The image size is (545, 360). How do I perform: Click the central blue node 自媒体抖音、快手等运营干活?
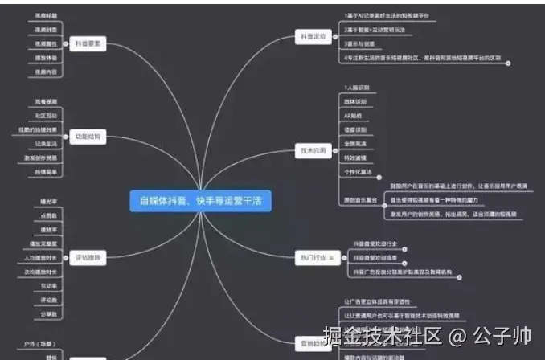coord(201,201)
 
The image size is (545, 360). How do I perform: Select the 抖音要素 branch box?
coord(87,45)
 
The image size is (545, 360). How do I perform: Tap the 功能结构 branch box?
coord(87,137)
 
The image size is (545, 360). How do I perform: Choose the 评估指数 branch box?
coord(87,257)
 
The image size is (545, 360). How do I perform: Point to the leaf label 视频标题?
coord(47,16)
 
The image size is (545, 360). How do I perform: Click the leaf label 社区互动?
coord(47,115)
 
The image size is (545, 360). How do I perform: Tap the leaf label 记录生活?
coord(47,143)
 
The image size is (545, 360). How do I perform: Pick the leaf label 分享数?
coord(48,313)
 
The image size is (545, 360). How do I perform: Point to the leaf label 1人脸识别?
coord(354,87)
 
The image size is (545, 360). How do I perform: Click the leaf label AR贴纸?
coord(353,115)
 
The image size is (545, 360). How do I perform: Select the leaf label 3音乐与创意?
coord(359,44)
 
